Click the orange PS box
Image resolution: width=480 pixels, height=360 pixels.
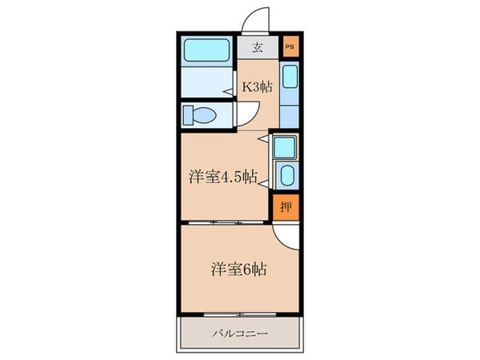[x=290, y=47]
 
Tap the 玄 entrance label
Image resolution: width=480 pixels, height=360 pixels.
[x=258, y=47]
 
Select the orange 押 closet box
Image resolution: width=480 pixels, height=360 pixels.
[x=286, y=206]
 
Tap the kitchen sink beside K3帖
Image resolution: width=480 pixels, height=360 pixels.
[x=290, y=78]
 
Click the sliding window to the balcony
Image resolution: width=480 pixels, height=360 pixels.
[x=239, y=313]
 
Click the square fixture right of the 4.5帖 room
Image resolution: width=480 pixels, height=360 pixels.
[x=285, y=147]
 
